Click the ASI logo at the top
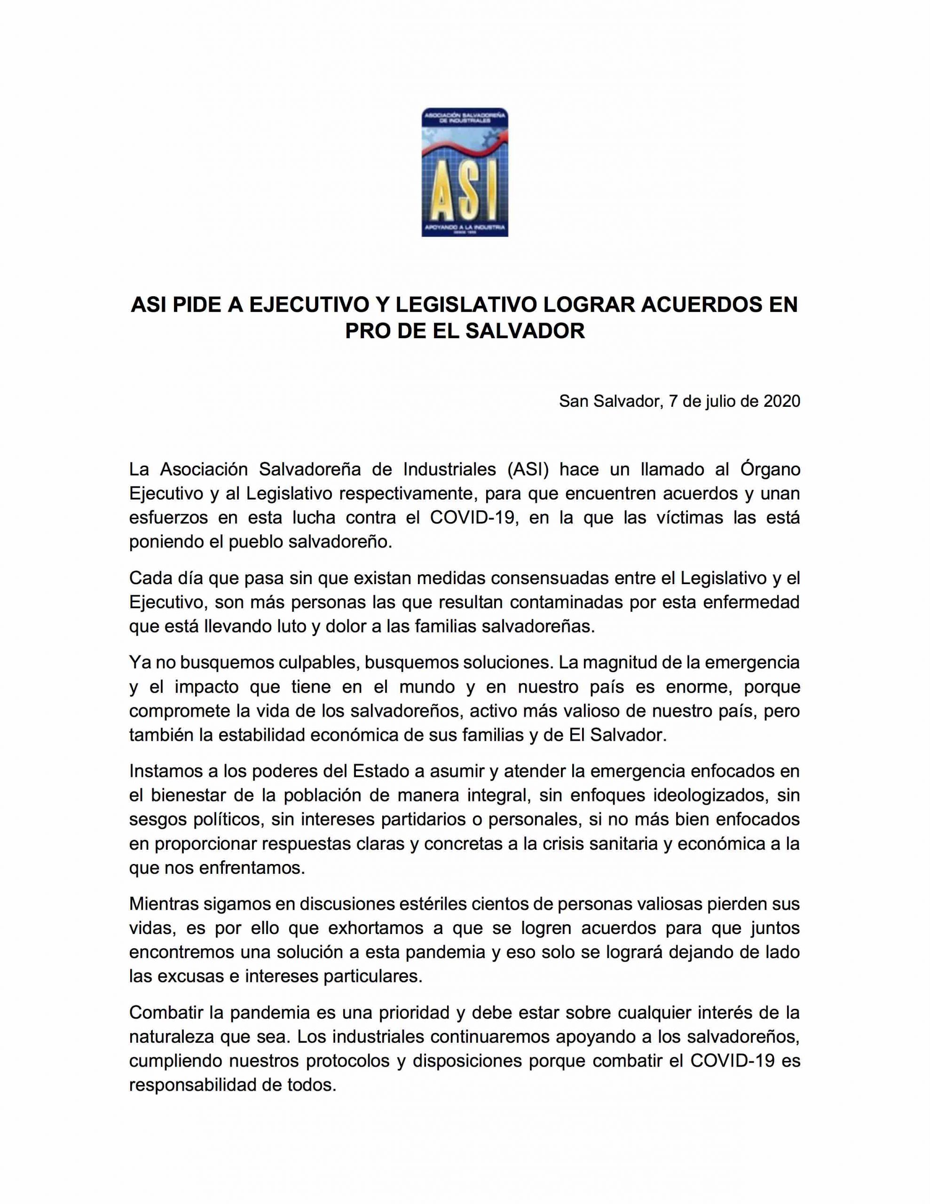point(465,173)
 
